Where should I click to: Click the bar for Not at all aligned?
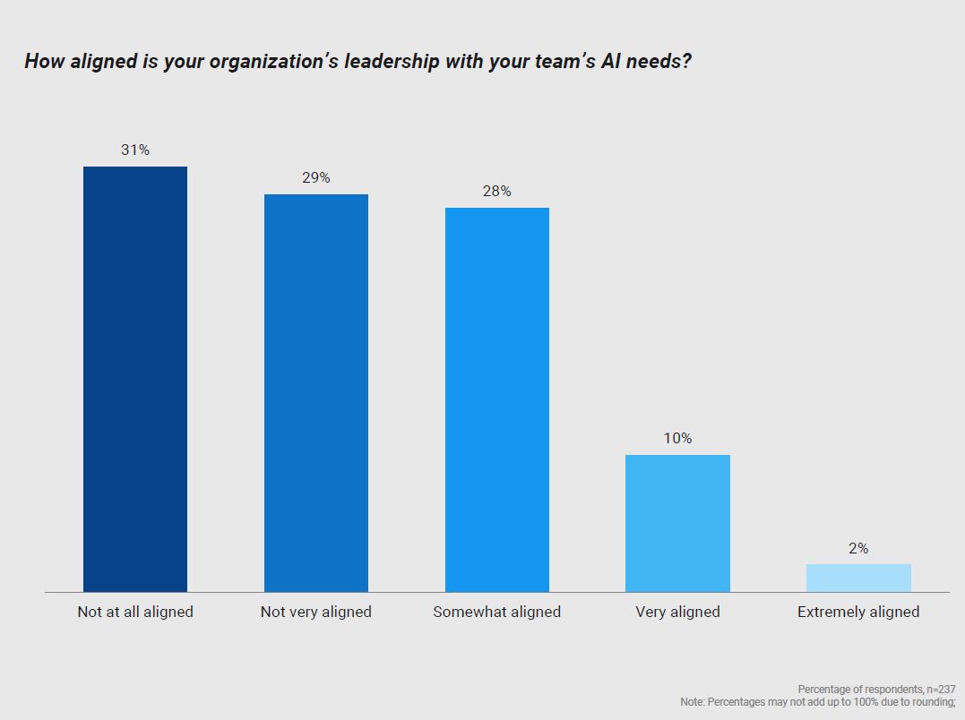135,379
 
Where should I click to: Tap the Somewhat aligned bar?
497,399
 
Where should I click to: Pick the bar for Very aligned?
677,523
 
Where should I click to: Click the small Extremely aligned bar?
858,578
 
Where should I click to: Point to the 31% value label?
135,150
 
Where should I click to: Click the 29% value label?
316,178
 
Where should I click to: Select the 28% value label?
497,192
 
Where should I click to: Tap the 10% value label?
677,439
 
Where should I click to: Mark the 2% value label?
858,548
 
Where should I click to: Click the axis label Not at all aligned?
135,613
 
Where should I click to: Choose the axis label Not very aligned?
316,613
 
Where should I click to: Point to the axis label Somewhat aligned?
497,613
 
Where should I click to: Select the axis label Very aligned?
677,613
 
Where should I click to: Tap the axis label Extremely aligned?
858,613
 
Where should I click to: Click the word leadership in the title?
392,62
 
